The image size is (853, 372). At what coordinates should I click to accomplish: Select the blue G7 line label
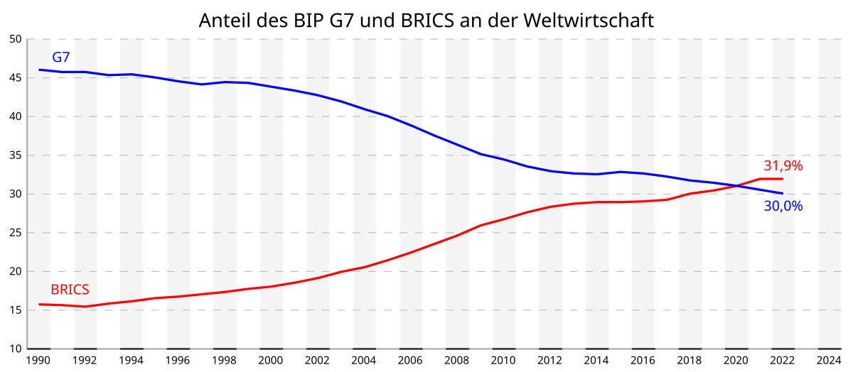(x=61, y=58)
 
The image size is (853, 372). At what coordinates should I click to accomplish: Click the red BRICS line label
(x=70, y=290)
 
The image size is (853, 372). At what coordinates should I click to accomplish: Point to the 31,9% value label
(x=783, y=166)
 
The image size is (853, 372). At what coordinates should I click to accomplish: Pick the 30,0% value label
(x=783, y=207)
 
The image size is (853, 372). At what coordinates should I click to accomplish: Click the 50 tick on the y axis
(x=16, y=39)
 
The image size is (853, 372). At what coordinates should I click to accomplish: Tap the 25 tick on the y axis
(x=16, y=233)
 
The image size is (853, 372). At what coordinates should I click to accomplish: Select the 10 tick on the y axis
(x=16, y=349)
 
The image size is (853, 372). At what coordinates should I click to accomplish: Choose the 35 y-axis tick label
(x=16, y=155)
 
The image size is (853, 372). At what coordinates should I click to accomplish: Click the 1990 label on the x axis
(x=38, y=361)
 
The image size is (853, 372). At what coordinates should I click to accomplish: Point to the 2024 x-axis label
(x=829, y=361)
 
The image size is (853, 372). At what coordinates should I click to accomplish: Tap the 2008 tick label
(x=457, y=361)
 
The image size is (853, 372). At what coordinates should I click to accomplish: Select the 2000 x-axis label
(x=271, y=361)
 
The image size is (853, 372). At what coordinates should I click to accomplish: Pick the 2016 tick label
(x=643, y=361)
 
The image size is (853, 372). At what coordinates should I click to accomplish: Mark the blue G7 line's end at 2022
(x=782, y=193)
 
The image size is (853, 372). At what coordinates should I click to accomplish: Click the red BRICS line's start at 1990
(x=39, y=304)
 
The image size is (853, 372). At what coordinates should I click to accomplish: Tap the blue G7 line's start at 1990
(x=39, y=70)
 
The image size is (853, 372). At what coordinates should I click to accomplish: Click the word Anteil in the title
(x=221, y=21)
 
